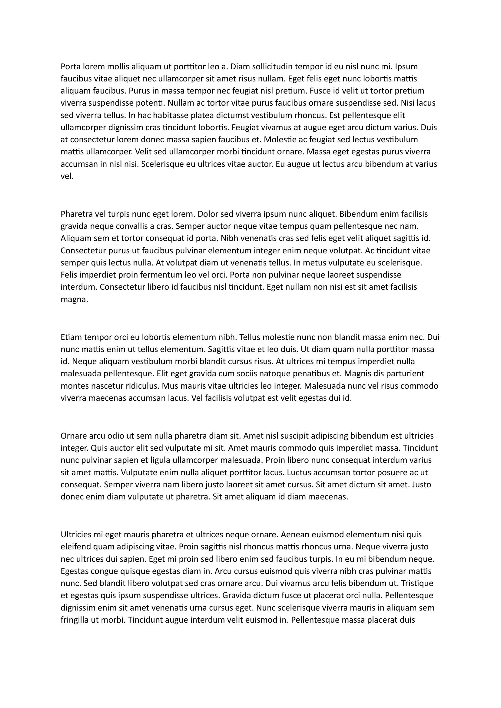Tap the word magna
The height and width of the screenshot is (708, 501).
(74, 299)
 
